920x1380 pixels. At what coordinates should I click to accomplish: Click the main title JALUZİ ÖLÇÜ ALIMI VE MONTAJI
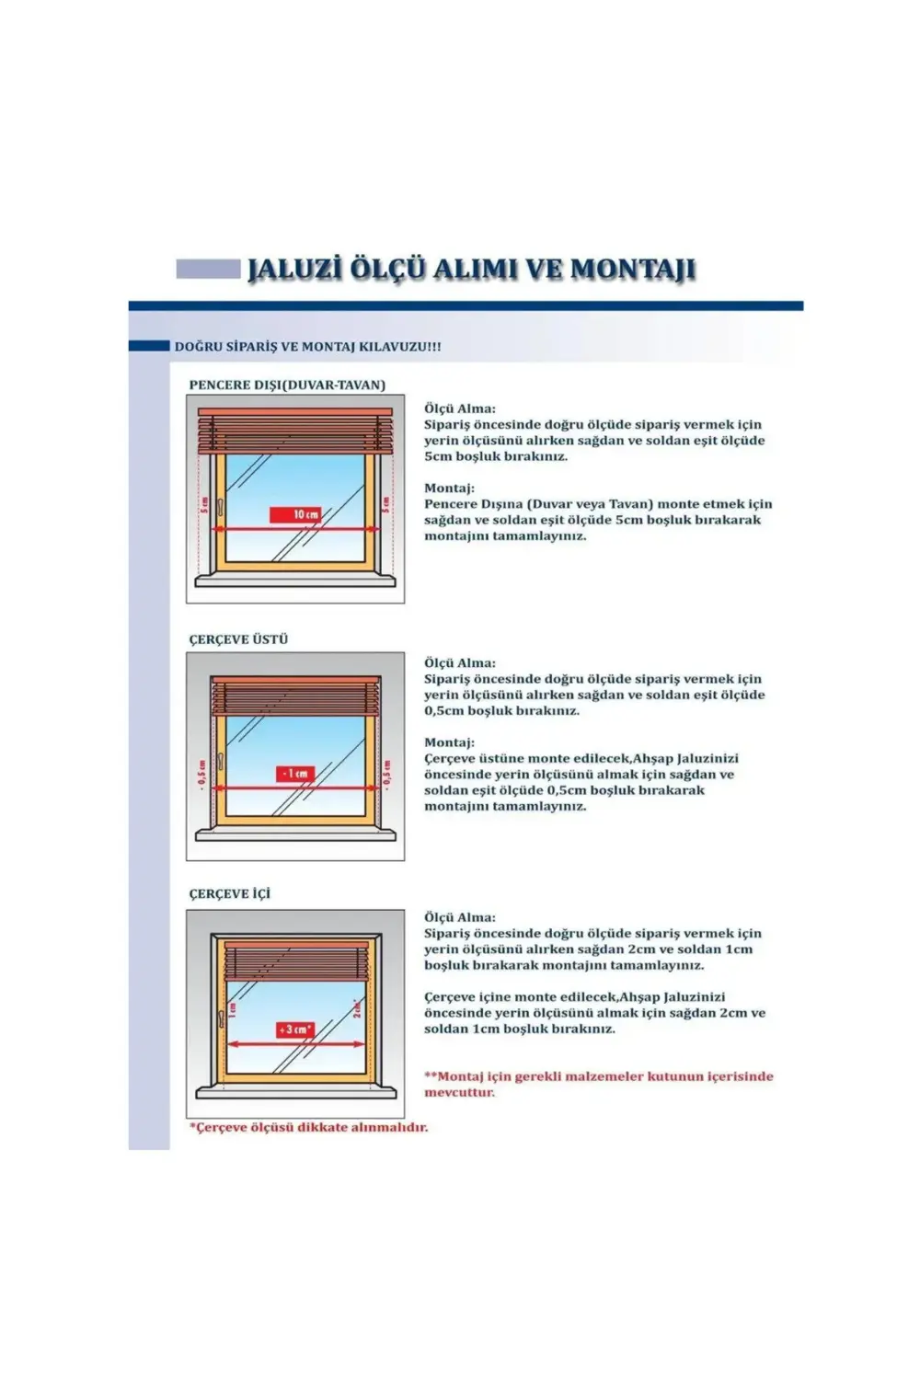(471, 270)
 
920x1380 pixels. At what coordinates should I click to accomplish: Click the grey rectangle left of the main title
(208, 269)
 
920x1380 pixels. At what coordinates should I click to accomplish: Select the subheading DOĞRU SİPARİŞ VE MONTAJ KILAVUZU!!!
(307, 347)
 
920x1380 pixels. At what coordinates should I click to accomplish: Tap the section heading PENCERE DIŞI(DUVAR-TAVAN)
(287, 385)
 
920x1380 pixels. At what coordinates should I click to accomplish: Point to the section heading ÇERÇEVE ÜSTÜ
(238, 639)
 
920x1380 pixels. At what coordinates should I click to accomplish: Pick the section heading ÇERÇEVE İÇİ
(230, 893)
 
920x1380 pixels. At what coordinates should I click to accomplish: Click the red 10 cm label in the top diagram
(295, 514)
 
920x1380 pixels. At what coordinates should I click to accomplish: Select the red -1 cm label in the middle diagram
(295, 774)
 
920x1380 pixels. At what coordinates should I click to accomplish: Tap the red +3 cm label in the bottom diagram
(295, 1029)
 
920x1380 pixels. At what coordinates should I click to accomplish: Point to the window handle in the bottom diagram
(222, 1017)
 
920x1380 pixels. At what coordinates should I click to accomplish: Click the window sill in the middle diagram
(295, 834)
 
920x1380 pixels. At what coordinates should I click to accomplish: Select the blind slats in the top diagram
(295, 432)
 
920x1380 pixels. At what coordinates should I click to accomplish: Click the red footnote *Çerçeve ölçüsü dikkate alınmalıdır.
(308, 1127)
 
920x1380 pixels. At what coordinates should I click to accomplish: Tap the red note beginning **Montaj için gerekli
(598, 1084)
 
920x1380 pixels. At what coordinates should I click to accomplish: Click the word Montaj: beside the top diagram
(449, 489)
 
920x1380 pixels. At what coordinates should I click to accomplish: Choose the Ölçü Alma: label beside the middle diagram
(459, 663)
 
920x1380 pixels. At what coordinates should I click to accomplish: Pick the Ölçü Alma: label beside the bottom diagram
(459, 917)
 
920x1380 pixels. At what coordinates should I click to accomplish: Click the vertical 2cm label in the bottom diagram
(358, 1009)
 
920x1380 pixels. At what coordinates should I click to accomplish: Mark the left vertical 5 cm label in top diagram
(204, 504)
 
